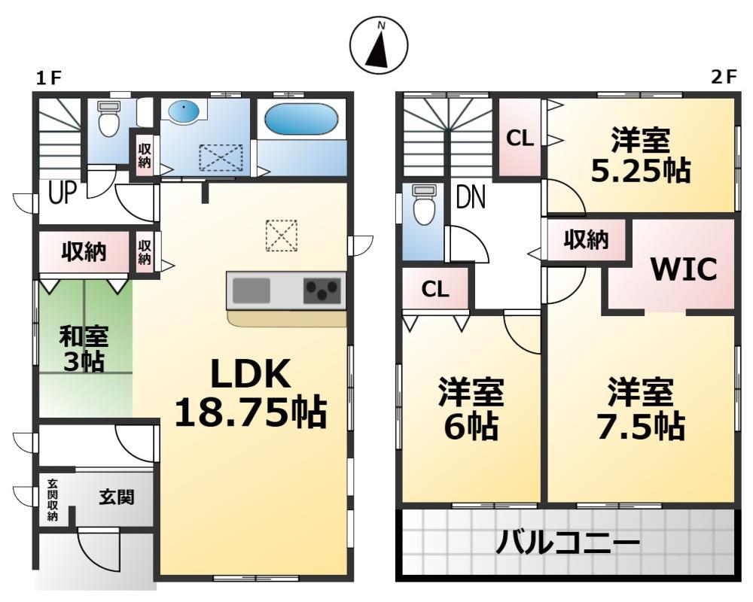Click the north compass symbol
[x=379, y=44]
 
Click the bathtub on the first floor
[x=301, y=119]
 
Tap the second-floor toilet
[x=424, y=205]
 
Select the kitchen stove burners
[x=322, y=290]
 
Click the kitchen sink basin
[x=252, y=290]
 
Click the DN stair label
[x=470, y=198]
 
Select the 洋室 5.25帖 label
[x=641, y=155]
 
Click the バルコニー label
[x=567, y=542]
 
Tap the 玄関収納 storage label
[x=53, y=500]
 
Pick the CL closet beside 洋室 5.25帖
[x=520, y=138]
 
